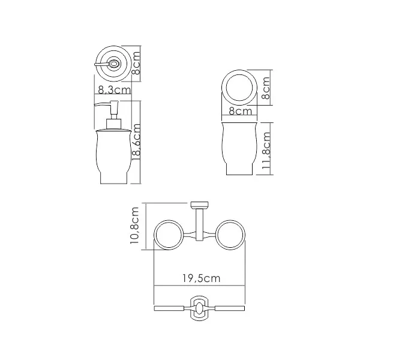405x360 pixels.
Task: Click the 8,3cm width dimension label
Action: pyautogui.click(x=114, y=90)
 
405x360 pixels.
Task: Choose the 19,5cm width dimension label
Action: pyautogui.click(x=200, y=278)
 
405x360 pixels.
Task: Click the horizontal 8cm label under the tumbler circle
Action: pyautogui.click(x=239, y=111)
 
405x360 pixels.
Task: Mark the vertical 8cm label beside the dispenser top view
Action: pyautogui.click(x=136, y=62)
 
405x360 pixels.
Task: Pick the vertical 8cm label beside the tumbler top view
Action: pyautogui.click(x=266, y=88)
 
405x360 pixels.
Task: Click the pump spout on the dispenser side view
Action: pyautogui.click(x=102, y=106)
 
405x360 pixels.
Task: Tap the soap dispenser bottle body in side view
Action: pyautogui.click(x=113, y=157)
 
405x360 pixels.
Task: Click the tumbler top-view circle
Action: pyautogui.click(x=239, y=88)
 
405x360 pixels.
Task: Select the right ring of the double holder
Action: pyautogui.click(x=230, y=236)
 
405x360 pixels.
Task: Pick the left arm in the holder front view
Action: pyautogui.click(x=172, y=308)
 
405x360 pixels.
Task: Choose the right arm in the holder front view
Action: pyautogui.click(x=229, y=308)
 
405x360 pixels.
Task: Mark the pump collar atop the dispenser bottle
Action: pyautogui.click(x=113, y=124)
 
